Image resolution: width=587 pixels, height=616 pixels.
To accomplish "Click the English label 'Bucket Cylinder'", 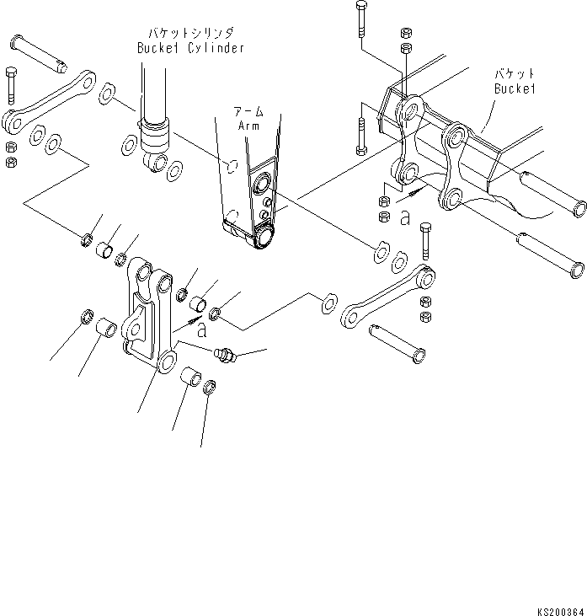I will click(190, 48).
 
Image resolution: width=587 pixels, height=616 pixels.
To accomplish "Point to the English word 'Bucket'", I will click(515, 88).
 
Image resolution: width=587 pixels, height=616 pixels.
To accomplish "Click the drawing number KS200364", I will click(557, 608).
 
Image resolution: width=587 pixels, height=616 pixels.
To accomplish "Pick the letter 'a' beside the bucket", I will click(405, 218).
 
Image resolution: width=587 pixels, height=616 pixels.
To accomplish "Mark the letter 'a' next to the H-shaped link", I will click(202, 330).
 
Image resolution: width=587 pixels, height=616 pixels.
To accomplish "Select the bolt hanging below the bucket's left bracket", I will click(361, 135).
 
